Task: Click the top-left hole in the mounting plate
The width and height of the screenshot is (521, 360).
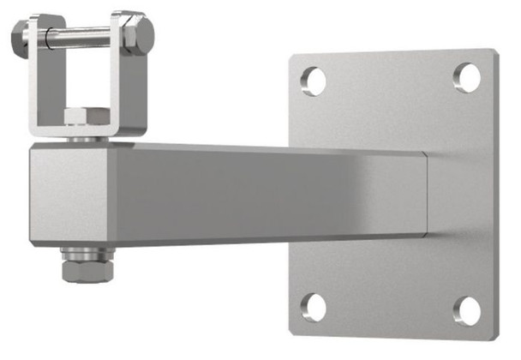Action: click(x=314, y=81)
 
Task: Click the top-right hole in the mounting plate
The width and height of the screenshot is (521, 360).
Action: click(x=467, y=77)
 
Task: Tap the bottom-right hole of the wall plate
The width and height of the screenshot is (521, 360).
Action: click(x=467, y=310)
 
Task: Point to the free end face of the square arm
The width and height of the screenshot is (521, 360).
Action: click(x=69, y=195)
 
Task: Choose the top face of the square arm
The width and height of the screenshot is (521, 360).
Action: click(x=257, y=149)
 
